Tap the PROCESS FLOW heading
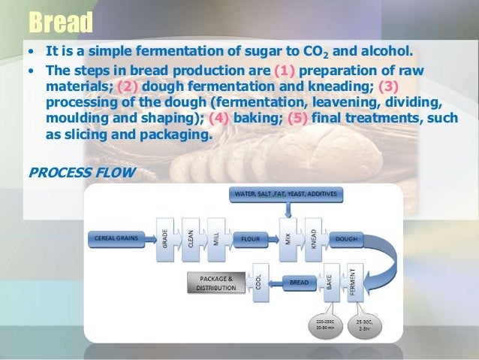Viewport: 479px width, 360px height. click(81, 172)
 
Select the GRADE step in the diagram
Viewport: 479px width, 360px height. click(164, 239)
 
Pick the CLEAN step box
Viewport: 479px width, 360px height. click(190, 239)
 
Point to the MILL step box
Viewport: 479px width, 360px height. click(215, 239)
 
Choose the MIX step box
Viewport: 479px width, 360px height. click(287, 239)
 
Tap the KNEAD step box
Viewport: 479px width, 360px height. click(312, 239)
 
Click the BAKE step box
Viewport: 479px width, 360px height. click(328, 283)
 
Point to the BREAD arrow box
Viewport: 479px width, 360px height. click(298, 283)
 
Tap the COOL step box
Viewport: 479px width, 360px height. click(260, 283)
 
